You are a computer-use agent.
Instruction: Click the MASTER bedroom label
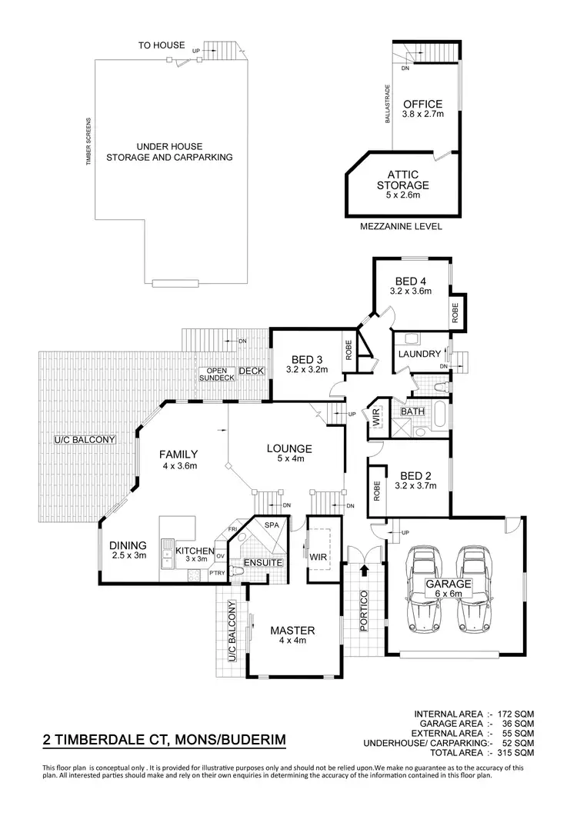pos(292,631)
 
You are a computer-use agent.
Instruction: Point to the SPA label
pos(271,525)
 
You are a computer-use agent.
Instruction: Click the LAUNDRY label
pos(419,354)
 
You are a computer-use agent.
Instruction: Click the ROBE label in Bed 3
pos(349,351)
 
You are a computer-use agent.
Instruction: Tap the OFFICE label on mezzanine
pos(423,105)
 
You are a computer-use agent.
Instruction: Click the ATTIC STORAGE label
pos(402,180)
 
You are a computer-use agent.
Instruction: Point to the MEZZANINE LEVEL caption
pos(402,228)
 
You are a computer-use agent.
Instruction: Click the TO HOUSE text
pos(162,45)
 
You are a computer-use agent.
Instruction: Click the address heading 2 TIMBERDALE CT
pos(164,741)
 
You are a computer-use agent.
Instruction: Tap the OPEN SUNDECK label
pos(215,375)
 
